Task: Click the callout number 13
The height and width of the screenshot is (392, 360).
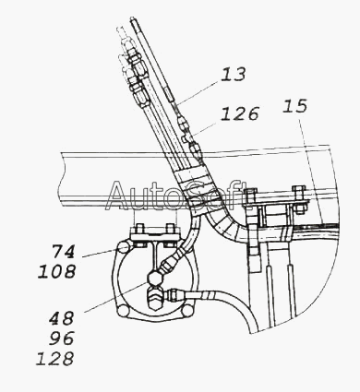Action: pyautogui.click(x=234, y=75)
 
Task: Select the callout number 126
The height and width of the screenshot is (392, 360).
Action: pyautogui.click(x=240, y=113)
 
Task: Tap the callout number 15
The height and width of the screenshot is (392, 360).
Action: pyautogui.click(x=294, y=106)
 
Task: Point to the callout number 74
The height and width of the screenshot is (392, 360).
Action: pyautogui.click(x=63, y=252)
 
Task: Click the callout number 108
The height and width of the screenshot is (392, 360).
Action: pyautogui.click(x=56, y=272)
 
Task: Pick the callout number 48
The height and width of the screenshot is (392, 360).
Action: pyautogui.click(x=62, y=318)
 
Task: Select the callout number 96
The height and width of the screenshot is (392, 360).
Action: pyautogui.click(x=62, y=339)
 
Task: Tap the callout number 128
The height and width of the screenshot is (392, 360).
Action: pyautogui.click(x=55, y=359)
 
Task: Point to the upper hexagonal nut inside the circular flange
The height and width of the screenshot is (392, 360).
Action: pyautogui.click(x=154, y=278)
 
